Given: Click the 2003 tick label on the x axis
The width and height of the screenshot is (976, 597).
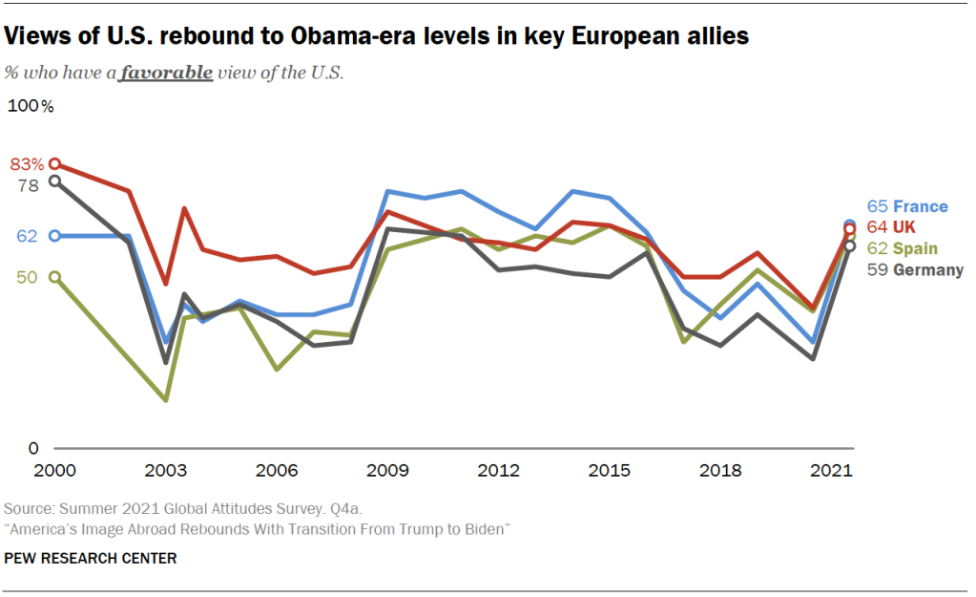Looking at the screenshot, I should click(165, 471).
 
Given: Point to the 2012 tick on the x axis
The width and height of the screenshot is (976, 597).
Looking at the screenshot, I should click(498, 471).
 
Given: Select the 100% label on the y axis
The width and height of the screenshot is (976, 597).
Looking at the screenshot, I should click(31, 106).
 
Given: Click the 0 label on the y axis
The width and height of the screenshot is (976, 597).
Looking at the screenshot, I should click(33, 448).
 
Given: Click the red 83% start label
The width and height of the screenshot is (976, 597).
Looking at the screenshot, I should click(27, 164).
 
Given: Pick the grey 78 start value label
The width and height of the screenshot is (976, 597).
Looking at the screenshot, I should click(28, 185).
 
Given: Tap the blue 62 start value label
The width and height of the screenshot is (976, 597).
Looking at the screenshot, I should click(27, 235).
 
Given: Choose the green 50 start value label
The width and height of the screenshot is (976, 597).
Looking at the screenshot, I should click(27, 277).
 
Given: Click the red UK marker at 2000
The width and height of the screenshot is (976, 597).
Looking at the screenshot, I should click(55, 164).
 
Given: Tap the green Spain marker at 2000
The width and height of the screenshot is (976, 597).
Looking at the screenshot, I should click(55, 277).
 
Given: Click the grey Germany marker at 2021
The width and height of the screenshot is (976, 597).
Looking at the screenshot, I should click(849, 246).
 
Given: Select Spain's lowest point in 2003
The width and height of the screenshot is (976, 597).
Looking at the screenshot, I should click(166, 399).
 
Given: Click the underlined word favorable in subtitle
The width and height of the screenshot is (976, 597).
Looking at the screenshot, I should click(166, 74).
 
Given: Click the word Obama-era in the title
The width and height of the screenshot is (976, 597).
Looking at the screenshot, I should click(331, 37).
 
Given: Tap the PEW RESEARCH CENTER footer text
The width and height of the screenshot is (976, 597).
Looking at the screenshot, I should click(91, 558).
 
